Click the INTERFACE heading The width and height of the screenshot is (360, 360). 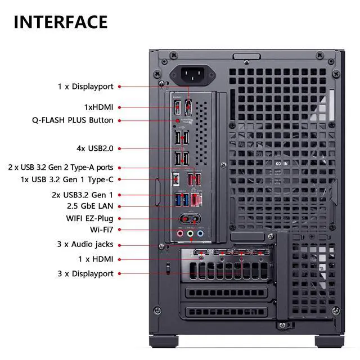(x=60, y=22)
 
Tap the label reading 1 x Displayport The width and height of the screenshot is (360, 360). (x=85, y=87)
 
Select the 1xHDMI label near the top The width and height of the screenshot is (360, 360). (x=98, y=107)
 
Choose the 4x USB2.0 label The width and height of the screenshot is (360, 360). (x=94, y=148)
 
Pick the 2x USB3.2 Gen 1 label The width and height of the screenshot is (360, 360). (x=82, y=195)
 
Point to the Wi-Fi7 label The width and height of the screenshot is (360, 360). (x=101, y=229)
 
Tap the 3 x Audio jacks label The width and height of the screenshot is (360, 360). (x=85, y=245)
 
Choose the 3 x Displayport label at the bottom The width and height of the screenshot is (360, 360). (x=85, y=274)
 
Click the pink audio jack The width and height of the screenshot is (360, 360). (x=180, y=232)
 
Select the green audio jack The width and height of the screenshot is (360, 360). (x=190, y=232)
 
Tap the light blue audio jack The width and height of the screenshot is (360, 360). (x=200, y=232)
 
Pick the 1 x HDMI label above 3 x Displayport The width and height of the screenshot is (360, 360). (x=95, y=259)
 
